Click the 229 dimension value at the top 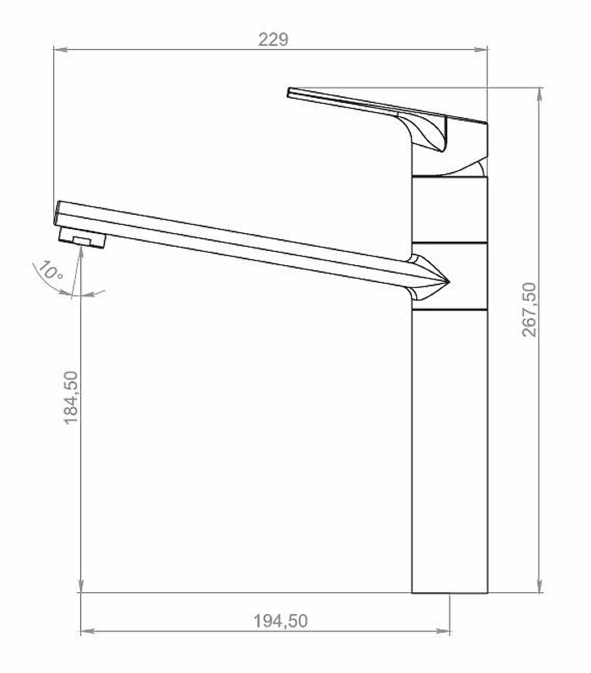(x=273, y=40)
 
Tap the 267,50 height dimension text (x=530, y=309)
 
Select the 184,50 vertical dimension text (x=72, y=398)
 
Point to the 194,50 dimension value (x=280, y=621)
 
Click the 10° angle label (x=50, y=270)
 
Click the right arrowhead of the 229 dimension (x=480, y=50)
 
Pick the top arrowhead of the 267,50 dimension (x=540, y=94)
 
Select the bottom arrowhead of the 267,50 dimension (x=540, y=586)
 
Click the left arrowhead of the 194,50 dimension (x=87, y=631)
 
